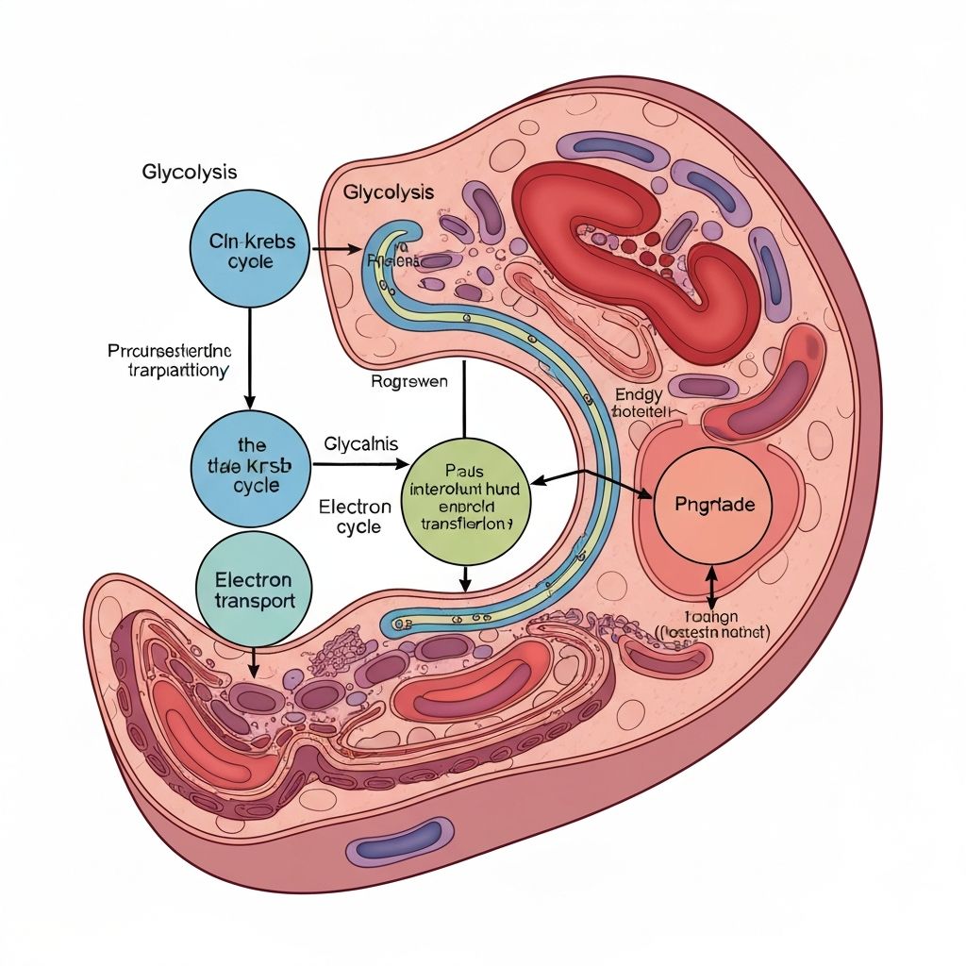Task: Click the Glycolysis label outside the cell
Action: (x=189, y=173)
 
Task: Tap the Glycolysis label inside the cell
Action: (x=389, y=192)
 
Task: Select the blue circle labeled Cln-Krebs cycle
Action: (x=249, y=251)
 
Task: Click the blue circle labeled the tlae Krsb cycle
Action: (x=249, y=465)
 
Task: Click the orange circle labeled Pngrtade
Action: (x=715, y=505)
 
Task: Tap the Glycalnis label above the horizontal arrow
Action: (x=360, y=442)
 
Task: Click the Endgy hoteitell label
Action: (x=640, y=404)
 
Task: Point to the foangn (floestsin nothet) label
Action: (x=712, y=625)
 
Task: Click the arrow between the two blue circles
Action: (x=249, y=358)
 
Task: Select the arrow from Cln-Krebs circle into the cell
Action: (x=337, y=250)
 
